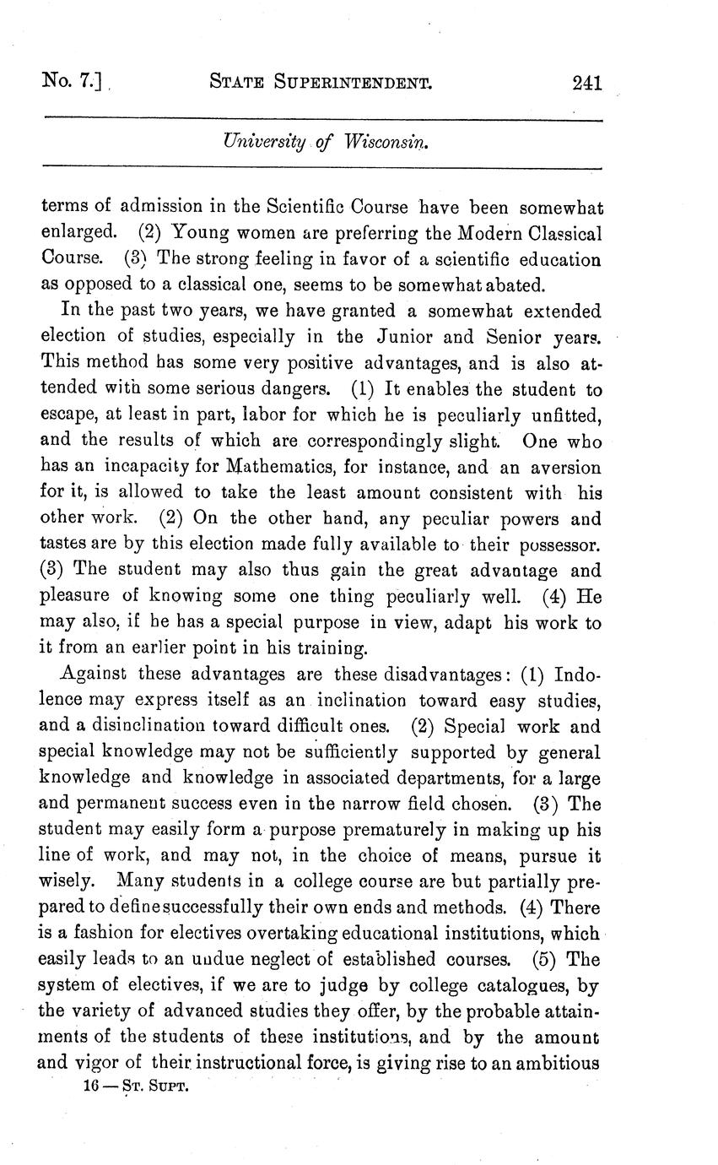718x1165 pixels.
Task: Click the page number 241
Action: click(x=586, y=83)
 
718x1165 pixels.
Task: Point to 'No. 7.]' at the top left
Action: click(x=70, y=83)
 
